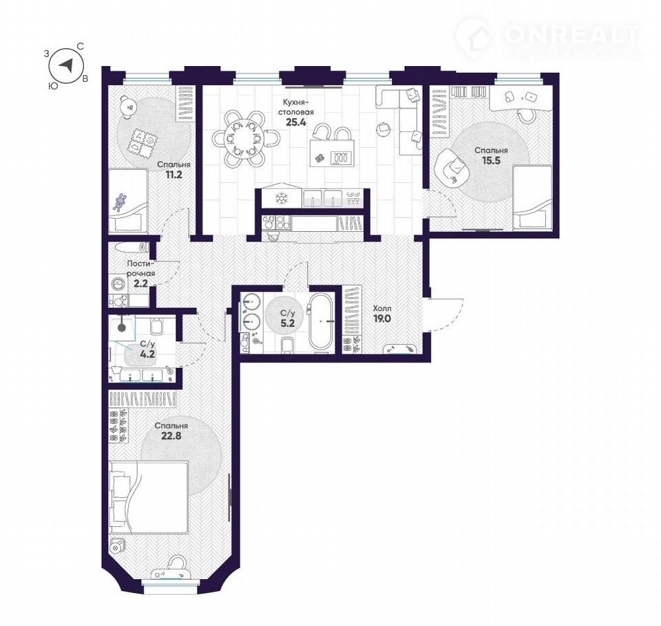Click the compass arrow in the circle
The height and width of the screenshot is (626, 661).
click(67, 65)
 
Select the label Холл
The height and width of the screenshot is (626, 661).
click(382, 309)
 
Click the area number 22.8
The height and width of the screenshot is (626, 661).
click(171, 435)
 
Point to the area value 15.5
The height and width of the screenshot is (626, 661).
click(491, 160)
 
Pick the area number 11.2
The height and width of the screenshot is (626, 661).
click(174, 175)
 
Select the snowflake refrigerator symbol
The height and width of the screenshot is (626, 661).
click(281, 199)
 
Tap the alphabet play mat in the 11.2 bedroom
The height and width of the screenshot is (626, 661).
click(142, 143)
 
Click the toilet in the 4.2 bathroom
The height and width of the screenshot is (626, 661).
click(157, 325)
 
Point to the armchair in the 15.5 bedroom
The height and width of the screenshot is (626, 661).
click(454, 168)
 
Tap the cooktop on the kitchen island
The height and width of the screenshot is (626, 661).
click(342, 158)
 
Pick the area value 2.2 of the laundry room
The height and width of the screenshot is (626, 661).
click(140, 283)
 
